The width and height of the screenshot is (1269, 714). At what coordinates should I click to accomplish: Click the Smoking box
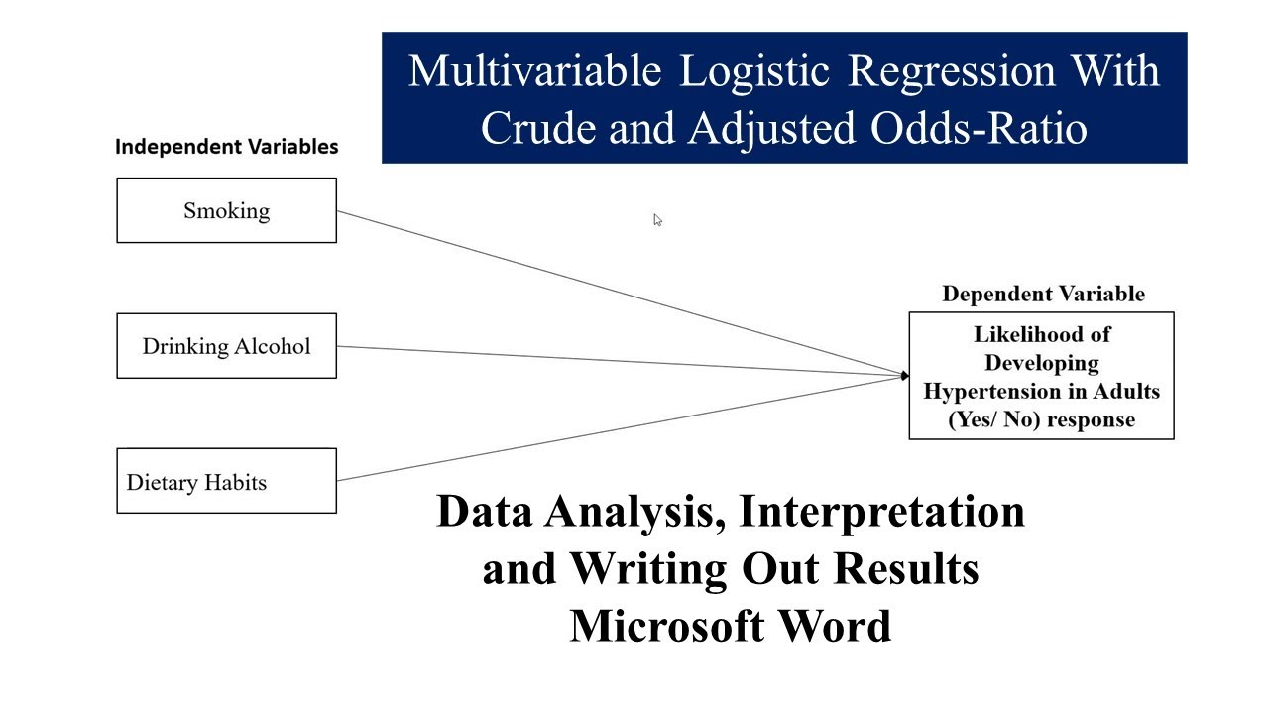click(x=226, y=210)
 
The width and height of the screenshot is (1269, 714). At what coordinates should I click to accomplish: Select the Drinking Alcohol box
click(x=226, y=346)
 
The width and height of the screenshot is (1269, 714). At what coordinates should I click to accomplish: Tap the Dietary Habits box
click(x=226, y=482)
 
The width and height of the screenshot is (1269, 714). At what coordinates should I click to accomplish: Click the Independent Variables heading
click(x=226, y=147)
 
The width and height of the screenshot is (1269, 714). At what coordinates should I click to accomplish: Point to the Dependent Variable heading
click(x=1043, y=294)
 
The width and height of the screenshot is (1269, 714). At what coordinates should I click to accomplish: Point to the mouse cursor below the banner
click(x=657, y=219)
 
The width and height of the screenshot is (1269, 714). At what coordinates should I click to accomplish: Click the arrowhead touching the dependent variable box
click(x=904, y=376)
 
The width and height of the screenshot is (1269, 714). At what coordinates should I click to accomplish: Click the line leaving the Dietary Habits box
click(x=615, y=428)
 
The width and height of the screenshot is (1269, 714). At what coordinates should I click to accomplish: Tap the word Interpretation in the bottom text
click(x=881, y=511)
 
